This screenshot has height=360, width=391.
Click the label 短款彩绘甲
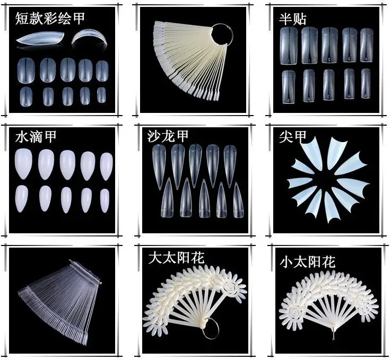click(50, 19)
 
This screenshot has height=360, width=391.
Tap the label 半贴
click(292, 19)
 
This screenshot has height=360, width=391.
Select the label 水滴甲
click(36, 137)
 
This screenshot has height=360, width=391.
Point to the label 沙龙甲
click(168, 137)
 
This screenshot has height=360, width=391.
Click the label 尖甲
click(293, 137)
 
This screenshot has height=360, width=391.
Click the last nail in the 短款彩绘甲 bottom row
click(101, 95)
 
